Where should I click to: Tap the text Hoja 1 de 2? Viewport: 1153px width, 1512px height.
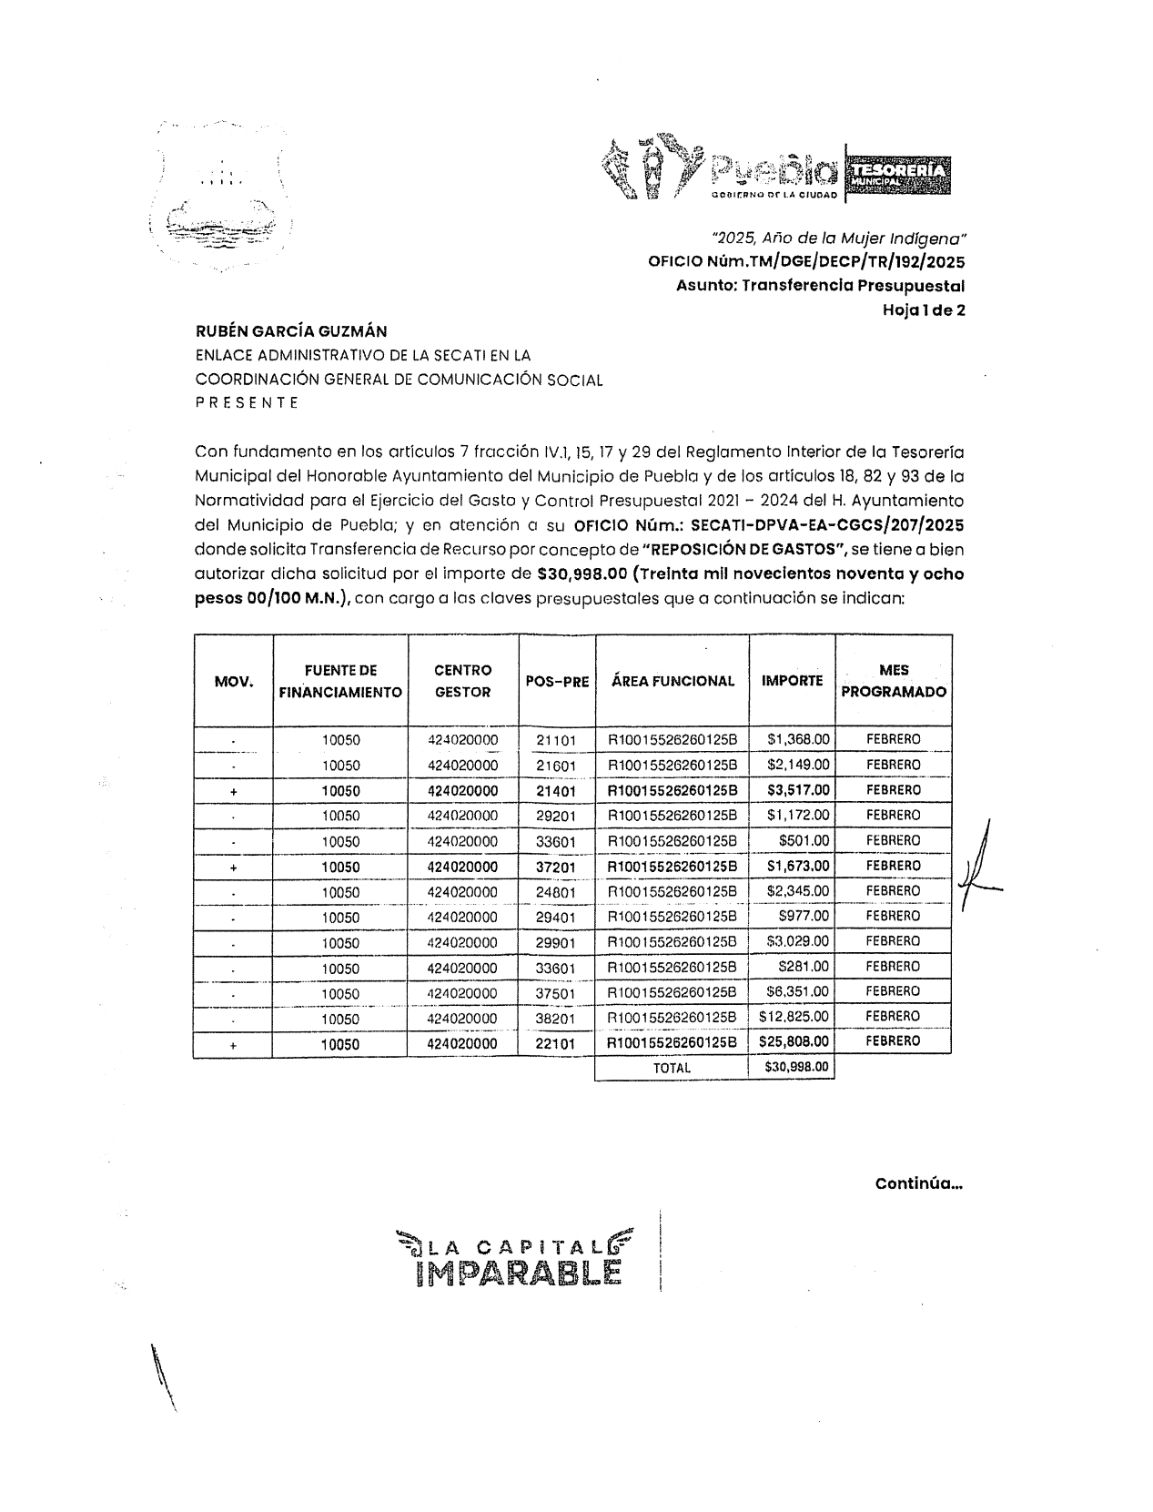click(x=923, y=310)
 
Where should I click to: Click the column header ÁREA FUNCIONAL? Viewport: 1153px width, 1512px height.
click(x=673, y=681)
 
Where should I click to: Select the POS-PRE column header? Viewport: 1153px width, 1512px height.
click(x=557, y=681)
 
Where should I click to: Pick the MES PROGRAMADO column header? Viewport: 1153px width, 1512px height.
click(x=893, y=681)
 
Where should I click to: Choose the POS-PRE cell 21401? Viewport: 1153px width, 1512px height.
click(x=556, y=791)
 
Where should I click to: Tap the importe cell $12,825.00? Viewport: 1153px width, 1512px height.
click(x=794, y=1016)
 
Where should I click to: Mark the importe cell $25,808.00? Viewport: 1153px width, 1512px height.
click(x=794, y=1041)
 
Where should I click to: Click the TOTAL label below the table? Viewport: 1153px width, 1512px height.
click(x=672, y=1068)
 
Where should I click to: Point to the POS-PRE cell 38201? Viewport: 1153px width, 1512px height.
click(x=556, y=1019)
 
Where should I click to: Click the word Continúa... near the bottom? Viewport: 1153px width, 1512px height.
click(x=918, y=1184)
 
